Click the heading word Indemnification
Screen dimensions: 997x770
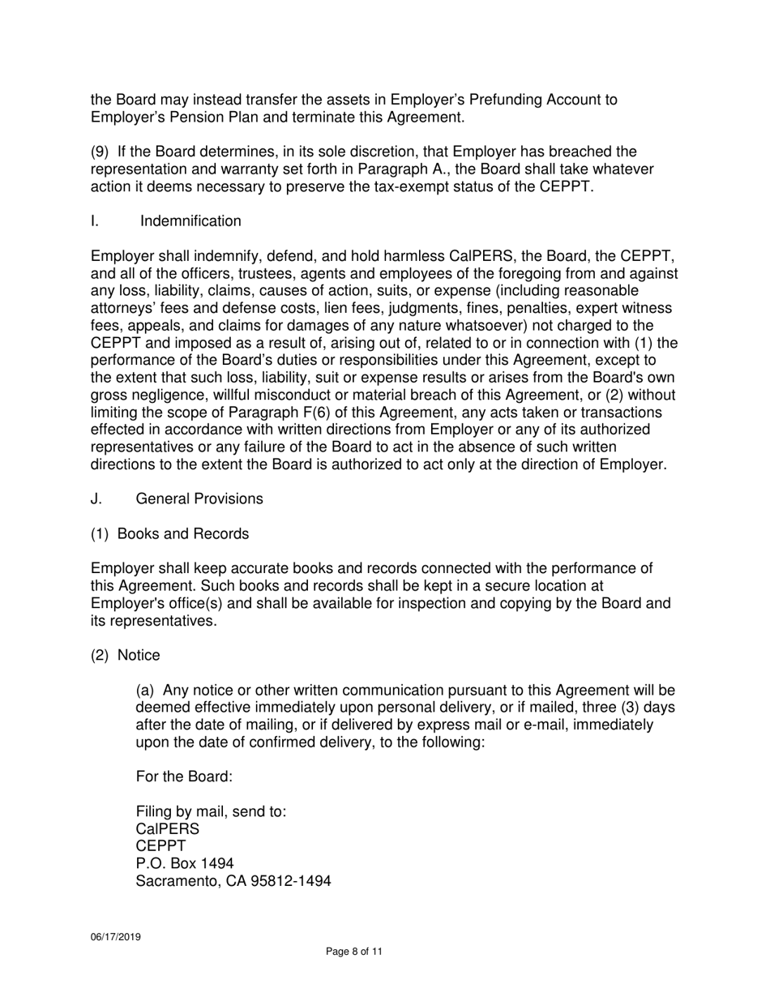point(190,221)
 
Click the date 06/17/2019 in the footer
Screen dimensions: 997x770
point(115,936)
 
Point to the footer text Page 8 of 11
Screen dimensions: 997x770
point(353,952)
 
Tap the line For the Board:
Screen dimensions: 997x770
point(184,776)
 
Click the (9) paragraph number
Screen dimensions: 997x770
point(100,152)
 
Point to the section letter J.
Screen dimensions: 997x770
point(96,498)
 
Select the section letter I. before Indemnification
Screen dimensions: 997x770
point(95,221)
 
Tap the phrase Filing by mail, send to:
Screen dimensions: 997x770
point(210,811)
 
